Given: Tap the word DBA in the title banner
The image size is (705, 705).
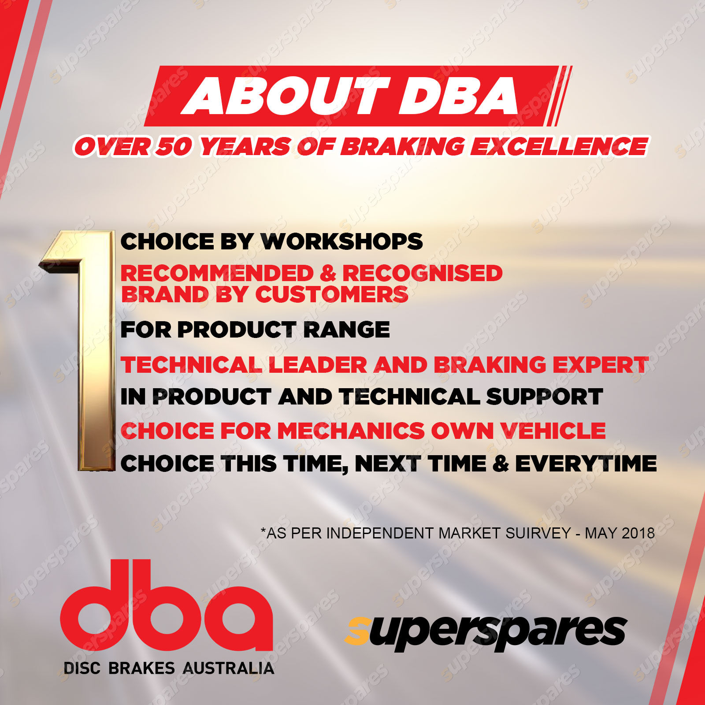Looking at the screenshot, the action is (459, 96).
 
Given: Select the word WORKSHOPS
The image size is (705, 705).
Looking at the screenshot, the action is (341, 241).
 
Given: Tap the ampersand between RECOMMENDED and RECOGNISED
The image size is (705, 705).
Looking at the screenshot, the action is (328, 273).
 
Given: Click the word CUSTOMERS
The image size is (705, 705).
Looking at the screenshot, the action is (332, 294).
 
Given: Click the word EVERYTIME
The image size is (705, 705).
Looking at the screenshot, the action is (586, 464).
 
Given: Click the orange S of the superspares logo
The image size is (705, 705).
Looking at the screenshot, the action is (357, 631).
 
